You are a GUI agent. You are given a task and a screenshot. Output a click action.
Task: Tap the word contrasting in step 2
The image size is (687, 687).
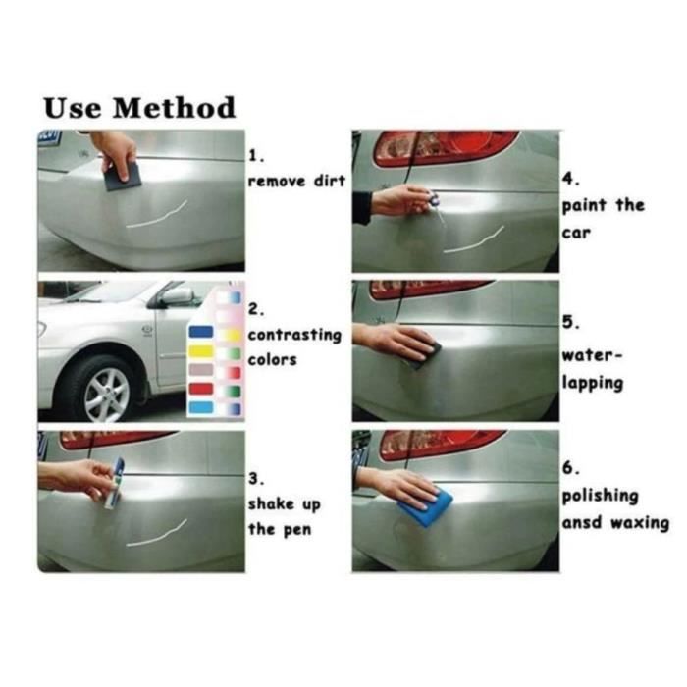(x=294, y=335)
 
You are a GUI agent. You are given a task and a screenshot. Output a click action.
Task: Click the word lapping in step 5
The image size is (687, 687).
(x=592, y=383)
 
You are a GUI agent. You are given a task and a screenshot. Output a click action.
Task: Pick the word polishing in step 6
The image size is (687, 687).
(x=600, y=496)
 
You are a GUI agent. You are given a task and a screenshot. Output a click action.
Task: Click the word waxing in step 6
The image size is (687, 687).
(x=640, y=522)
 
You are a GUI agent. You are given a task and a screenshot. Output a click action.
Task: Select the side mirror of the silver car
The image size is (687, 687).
(x=177, y=295)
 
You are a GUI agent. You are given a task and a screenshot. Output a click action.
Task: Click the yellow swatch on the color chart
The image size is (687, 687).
(x=200, y=350)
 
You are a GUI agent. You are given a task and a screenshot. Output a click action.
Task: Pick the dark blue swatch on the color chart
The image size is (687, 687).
(x=200, y=332)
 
